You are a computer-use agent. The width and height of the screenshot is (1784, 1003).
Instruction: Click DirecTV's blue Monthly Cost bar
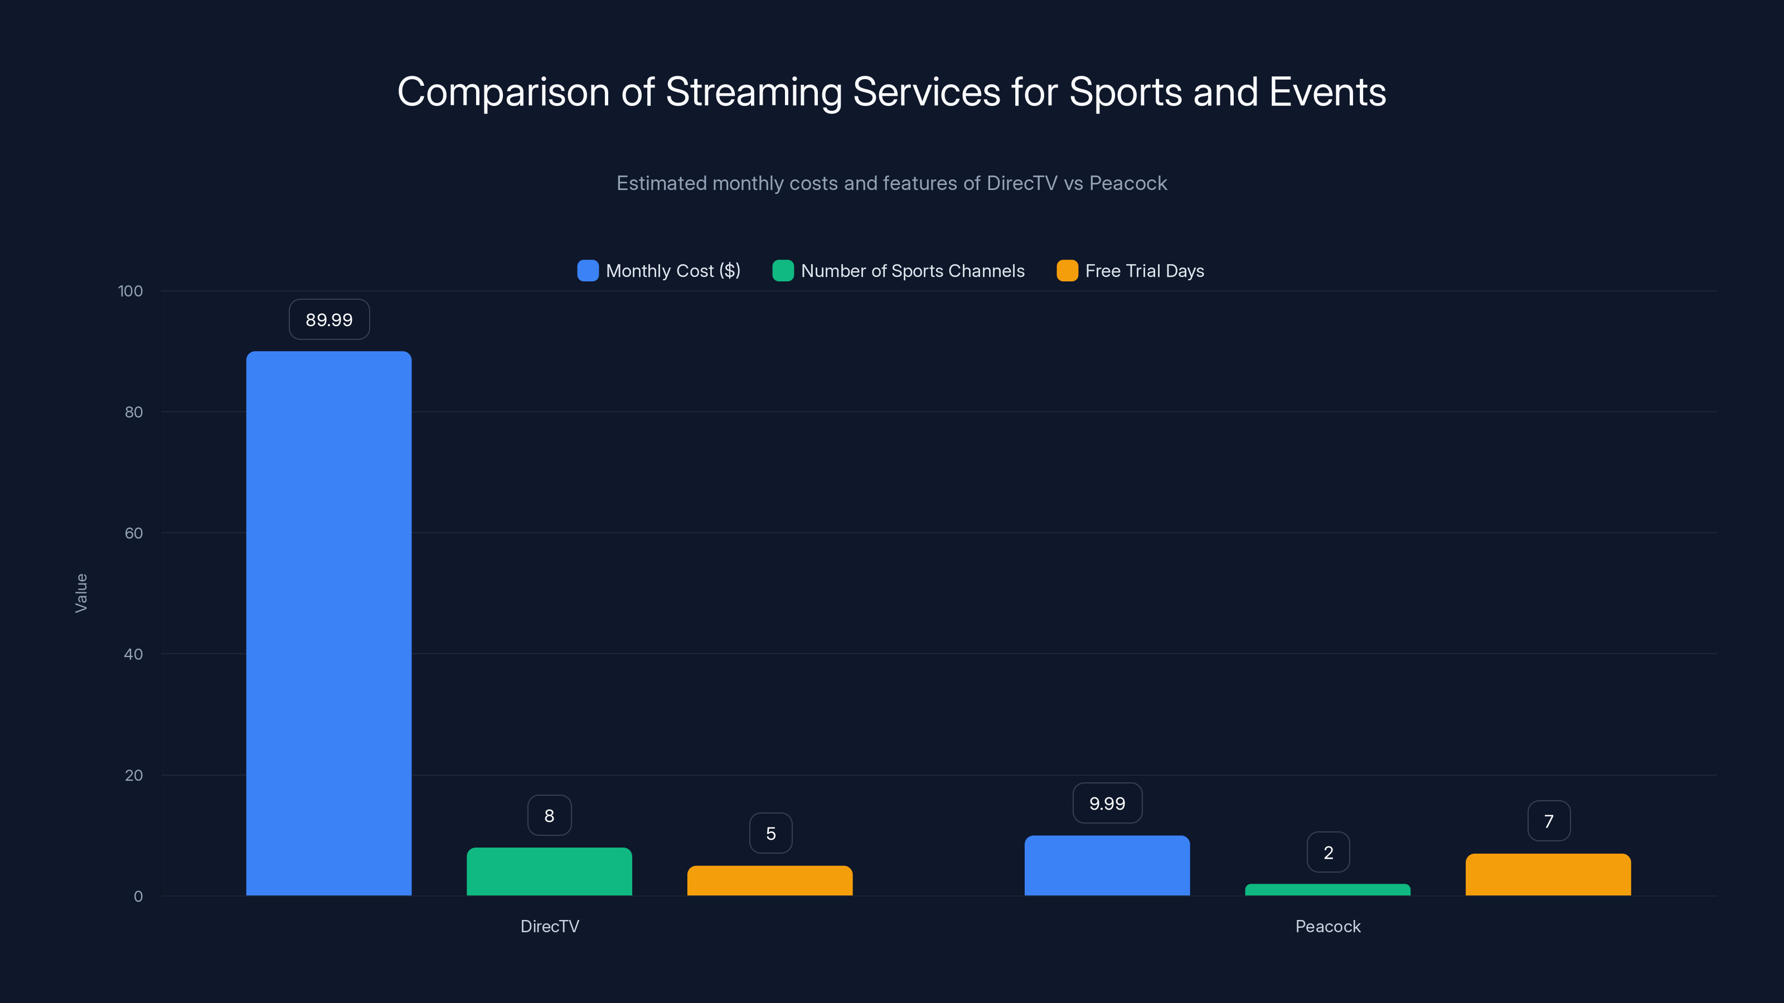pyautogui.click(x=328, y=623)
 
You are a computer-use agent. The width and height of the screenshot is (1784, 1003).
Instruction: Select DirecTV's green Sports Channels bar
pyautogui.click(x=549, y=871)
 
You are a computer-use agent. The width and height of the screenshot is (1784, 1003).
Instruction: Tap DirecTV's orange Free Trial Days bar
pyautogui.click(x=769, y=880)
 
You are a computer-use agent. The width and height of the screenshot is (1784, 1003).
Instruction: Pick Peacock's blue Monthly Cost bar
pyautogui.click(x=1107, y=865)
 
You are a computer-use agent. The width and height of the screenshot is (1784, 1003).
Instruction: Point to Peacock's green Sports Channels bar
pyautogui.click(x=1327, y=889)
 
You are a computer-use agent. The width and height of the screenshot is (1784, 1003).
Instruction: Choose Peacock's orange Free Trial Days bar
pyautogui.click(x=1548, y=874)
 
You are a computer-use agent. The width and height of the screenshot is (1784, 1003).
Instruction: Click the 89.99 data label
pyautogui.click(x=329, y=320)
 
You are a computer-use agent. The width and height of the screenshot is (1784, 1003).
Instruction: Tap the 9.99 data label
pyautogui.click(x=1107, y=803)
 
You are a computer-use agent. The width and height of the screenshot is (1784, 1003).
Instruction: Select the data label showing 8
pyautogui.click(x=549, y=815)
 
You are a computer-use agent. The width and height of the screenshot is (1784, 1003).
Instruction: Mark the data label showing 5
pyautogui.click(x=770, y=834)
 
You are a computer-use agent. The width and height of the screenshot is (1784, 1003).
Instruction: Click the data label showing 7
pyautogui.click(x=1549, y=821)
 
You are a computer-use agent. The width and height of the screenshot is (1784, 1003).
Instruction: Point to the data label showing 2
pyautogui.click(x=1327, y=852)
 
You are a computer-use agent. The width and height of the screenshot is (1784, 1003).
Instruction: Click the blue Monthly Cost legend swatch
pyautogui.click(x=587, y=271)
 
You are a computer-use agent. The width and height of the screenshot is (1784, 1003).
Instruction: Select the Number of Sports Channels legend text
pyautogui.click(x=912, y=271)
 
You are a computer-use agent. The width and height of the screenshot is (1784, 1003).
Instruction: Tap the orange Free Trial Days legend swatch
pyautogui.click(x=1066, y=271)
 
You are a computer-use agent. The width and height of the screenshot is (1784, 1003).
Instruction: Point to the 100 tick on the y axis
pyautogui.click(x=130, y=291)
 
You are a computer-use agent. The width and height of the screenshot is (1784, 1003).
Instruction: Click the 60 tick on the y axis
pyautogui.click(x=133, y=533)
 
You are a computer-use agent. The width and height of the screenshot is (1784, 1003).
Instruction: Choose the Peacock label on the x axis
pyautogui.click(x=1327, y=926)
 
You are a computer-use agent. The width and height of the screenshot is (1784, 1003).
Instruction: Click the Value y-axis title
pyautogui.click(x=81, y=592)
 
